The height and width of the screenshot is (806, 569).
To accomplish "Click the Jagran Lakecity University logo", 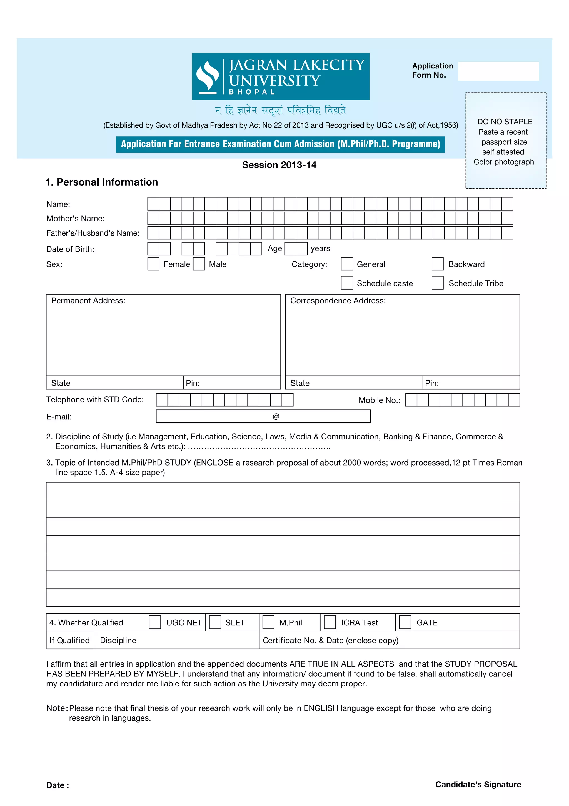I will (x=280, y=76).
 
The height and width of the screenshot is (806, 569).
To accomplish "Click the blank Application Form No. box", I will (x=498, y=71).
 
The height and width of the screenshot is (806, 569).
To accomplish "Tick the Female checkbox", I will (x=153, y=264).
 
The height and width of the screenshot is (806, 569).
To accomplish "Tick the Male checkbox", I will (x=199, y=264).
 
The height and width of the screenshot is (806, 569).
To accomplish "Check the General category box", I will (x=347, y=264).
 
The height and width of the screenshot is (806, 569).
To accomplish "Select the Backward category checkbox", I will (x=437, y=264).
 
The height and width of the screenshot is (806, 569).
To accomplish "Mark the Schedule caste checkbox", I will (x=347, y=283).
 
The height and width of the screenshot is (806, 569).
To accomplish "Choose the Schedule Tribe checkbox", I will (x=437, y=283).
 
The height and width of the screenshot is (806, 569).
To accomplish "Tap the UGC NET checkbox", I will (x=154, y=622).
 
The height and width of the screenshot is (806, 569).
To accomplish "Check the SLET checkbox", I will (x=215, y=622).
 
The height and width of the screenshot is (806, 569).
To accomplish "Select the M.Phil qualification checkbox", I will (x=268, y=622).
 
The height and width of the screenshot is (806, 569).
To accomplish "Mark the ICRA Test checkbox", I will (x=330, y=622).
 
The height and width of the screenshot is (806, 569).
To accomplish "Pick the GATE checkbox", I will (x=405, y=622).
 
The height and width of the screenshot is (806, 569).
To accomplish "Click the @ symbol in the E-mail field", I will (x=276, y=416).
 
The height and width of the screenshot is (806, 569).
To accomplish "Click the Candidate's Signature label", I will (x=478, y=785).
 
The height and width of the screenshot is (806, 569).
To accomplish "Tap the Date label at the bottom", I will (x=58, y=786).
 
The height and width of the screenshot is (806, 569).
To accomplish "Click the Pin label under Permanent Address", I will (x=193, y=383).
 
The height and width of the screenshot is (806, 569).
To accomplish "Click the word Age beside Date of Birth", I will (x=274, y=249).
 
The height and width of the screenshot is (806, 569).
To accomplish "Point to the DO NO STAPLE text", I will (x=505, y=122).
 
